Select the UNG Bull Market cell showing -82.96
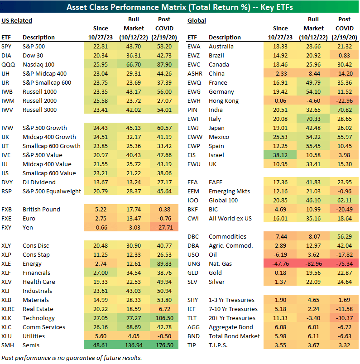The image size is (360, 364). click(x=313, y=263)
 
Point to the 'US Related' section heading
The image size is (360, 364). click(x=17, y=20)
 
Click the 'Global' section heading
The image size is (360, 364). click(x=197, y=20)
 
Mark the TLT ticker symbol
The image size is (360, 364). click(x=192, y=318)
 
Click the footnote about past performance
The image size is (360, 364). click(x=72, y=358)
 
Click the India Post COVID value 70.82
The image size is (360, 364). click(x=345, y=110)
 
